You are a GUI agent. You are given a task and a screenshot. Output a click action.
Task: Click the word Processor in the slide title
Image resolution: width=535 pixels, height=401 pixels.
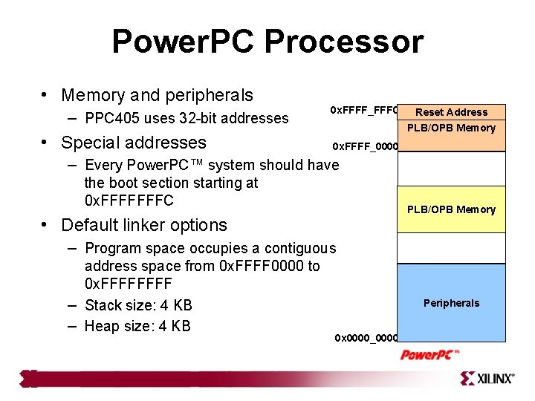(343, 42)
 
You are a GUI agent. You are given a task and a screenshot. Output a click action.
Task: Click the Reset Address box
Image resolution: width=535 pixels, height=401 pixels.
(451, 112)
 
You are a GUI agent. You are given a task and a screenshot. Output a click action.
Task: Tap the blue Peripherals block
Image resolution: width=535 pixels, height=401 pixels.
(451, 302)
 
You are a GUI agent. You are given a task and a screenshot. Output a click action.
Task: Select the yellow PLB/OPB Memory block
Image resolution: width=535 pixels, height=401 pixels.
(451, 209)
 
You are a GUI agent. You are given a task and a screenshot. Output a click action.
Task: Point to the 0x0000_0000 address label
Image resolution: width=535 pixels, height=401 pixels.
(366, 339)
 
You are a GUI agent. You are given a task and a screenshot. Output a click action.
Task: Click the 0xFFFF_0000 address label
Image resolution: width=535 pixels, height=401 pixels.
(365, 146)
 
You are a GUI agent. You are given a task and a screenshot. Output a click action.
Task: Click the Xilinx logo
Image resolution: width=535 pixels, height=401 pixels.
(487, 379)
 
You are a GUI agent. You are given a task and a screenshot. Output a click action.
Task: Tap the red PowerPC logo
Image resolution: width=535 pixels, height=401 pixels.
(430, 354)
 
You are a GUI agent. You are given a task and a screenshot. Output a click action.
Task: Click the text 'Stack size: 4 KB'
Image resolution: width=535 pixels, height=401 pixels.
(138, 305)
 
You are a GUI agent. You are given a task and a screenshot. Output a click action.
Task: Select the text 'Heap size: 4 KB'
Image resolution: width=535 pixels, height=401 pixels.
(137, 326)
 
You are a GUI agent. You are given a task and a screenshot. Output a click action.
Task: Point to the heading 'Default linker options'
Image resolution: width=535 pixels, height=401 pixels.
(144, 225)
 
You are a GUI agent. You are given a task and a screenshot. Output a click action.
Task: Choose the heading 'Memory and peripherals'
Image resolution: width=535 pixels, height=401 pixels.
(157, 95)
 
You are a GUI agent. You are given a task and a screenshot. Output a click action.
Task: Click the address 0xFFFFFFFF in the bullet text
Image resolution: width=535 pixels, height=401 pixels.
(128, 284)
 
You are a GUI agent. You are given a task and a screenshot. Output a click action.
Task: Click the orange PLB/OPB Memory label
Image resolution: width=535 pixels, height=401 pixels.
(451, 128)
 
